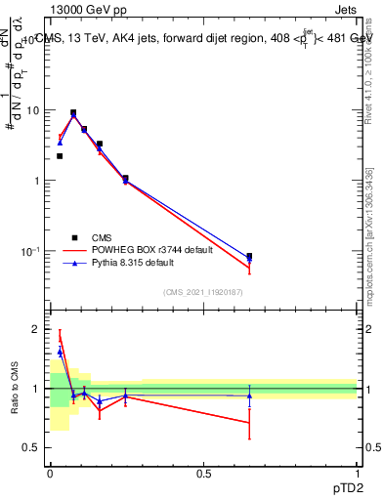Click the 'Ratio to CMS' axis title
coord(13,389)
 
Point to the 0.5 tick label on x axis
coord(203,474)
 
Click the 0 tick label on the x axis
coord(49,474)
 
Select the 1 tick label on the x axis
coord(358,474)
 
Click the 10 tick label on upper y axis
coord(34,110)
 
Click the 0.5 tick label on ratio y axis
coord(32,447)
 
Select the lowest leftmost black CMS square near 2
coord(60,156)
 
